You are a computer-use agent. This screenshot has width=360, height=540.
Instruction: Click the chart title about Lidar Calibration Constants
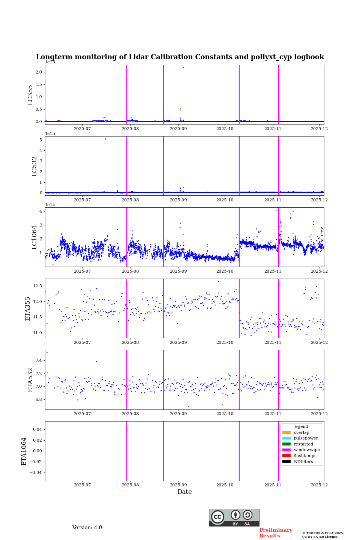point(180,57)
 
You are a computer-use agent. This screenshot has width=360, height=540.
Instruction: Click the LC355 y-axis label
point(30,95)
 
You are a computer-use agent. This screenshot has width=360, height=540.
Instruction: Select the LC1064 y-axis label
point(34,237)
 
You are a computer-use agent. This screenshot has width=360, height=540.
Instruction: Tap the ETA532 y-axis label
point(30,380)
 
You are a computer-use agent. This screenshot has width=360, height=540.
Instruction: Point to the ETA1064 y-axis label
point(24,451)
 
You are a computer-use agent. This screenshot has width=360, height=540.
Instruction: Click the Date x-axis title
point(184,492)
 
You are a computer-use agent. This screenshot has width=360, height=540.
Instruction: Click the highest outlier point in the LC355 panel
point(183,67)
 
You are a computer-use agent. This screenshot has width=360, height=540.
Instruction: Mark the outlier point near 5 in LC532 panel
point(105,139)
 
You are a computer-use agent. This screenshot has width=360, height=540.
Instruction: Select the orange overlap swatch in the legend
point(286,432)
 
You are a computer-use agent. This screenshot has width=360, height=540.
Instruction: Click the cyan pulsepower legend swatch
point(286,438)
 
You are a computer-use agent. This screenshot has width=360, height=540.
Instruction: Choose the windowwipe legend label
point(307,450)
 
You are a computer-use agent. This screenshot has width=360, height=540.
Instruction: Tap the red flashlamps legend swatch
point(286,456)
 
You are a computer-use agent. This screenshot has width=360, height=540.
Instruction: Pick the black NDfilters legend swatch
point(286,462)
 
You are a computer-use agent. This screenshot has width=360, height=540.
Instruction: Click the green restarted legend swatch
point(286,444)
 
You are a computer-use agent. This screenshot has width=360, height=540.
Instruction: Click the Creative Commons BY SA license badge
point(234,517)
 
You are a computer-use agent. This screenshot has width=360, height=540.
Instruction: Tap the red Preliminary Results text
point(276,533)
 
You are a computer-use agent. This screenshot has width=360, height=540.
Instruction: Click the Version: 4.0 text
point(87,528)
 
